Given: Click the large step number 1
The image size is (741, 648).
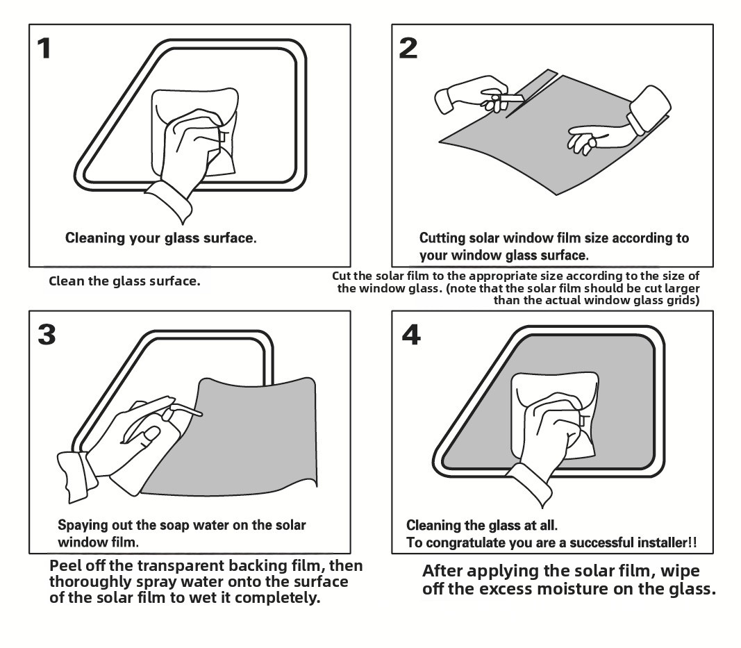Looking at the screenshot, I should click(x=44, y=48).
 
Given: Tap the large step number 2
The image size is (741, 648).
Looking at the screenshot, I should click(x=408, y=48).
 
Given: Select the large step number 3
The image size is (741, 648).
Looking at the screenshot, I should click(x=46, y=334).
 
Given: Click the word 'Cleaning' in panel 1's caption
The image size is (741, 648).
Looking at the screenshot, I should click(x=95, y=238).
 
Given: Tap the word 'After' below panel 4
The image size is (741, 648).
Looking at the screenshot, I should click(x=443, y=572).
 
